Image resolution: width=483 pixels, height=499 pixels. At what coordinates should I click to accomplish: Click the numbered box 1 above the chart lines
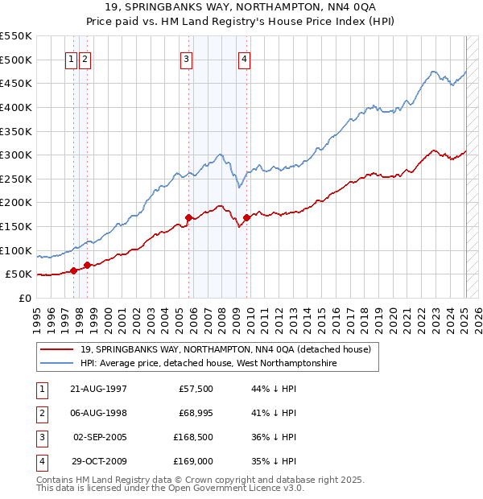[x=72, y=58]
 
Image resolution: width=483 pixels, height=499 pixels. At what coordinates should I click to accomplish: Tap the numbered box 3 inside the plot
[x=186, y=58]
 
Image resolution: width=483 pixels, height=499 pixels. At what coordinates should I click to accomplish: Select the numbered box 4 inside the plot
[x=243, y=58]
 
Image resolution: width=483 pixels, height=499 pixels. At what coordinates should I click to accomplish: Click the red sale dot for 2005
[x=188, y=217]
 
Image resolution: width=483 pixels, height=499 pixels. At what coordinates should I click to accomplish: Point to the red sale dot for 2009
[x=247, y=217]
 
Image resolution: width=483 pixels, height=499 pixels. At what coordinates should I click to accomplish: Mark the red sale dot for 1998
[x=87, y=265]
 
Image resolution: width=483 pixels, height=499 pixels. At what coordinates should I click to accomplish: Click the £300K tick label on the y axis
[x=15, y=155]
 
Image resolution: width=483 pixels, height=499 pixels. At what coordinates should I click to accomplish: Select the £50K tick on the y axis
[x=19, y=274]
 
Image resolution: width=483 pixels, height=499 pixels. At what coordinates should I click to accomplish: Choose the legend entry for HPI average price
[x=208, y=364]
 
